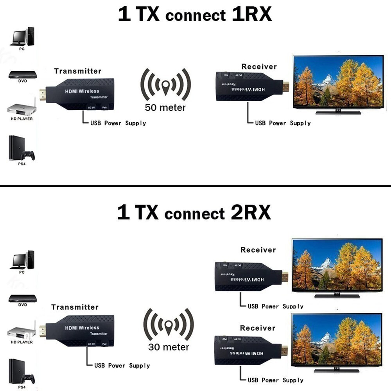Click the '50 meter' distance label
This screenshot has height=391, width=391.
click(x=165, y=108)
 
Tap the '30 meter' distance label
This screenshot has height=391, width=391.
click(x=169, y=347)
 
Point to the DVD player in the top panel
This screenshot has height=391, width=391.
click(x=22, y=74)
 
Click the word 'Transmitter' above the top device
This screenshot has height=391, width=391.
click(x=77, y=71)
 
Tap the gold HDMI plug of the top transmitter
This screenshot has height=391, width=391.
click(x=43, y=95)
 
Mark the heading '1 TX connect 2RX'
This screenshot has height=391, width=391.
click(x=194, y=213)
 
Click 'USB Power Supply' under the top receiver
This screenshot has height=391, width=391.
click(x=283, y=123)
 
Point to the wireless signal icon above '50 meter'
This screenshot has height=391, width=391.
click(x=165, y=84)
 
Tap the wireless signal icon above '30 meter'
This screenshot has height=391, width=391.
click(x=169, y=324)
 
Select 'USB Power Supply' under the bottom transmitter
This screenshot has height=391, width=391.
click(x=122, y=366)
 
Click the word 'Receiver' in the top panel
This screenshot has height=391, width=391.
click(x=259, y=66)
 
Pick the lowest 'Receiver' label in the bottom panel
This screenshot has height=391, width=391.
click(x=258, y=328)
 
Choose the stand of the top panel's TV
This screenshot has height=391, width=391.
click(x=338, y=112)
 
